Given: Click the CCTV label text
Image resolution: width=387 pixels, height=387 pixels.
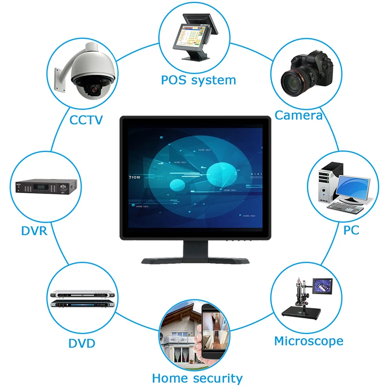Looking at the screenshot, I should coord(86,119).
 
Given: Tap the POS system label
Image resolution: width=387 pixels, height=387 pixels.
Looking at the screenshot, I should coord(198,80).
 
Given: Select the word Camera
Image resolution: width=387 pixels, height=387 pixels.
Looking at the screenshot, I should coord(298,115).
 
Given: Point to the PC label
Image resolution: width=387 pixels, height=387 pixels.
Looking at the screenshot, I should coord(351,230).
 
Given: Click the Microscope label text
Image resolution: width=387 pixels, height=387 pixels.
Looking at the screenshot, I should coord(309,341).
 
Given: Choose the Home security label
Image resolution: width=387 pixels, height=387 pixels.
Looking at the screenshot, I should coord(197,378).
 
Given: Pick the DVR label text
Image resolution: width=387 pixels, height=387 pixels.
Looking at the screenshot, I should coord(34,231).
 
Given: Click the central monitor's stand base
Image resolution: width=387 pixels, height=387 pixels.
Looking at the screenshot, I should coord(194,260).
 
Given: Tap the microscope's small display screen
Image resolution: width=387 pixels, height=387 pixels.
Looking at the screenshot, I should coord(323,287).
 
